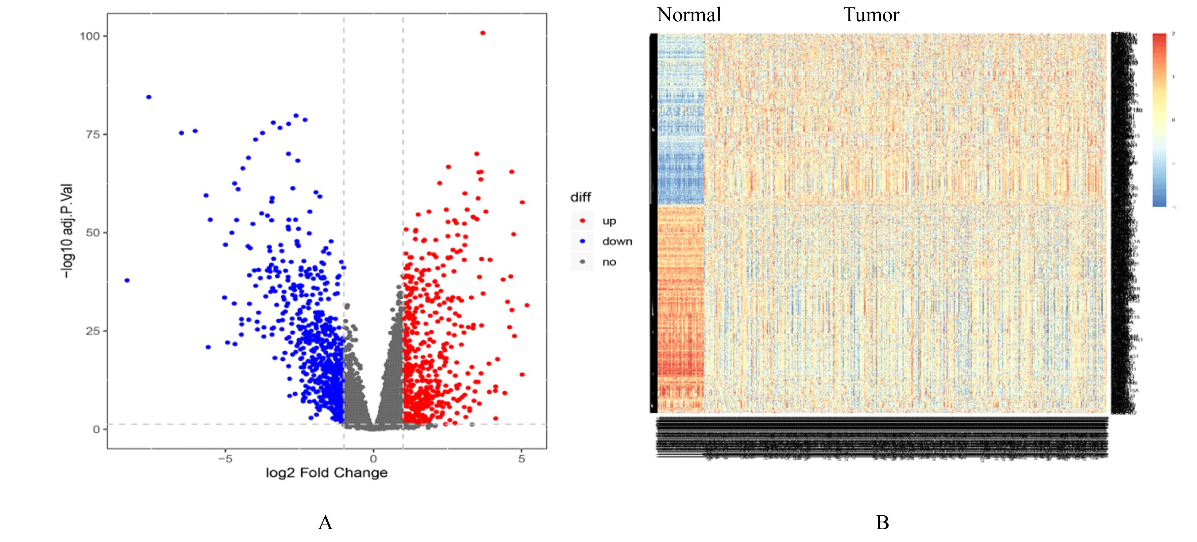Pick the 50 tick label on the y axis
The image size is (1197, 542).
click(93, 232)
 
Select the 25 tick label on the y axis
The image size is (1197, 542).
click(93, 331)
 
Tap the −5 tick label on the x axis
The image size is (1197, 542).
click(225, 459)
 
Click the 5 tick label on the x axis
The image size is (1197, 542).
click(521, 459)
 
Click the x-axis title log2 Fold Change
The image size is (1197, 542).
click(326, 473)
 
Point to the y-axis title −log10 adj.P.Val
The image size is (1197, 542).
click(68, 231)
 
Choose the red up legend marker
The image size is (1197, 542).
click(582, 221)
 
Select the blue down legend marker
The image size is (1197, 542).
click(582, 241)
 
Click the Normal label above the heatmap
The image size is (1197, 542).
click(689, 15)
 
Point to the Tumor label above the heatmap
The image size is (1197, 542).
click(871, 15)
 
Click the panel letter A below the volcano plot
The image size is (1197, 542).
click(325, 522)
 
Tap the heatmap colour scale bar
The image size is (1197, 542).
click(1159, 120)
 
